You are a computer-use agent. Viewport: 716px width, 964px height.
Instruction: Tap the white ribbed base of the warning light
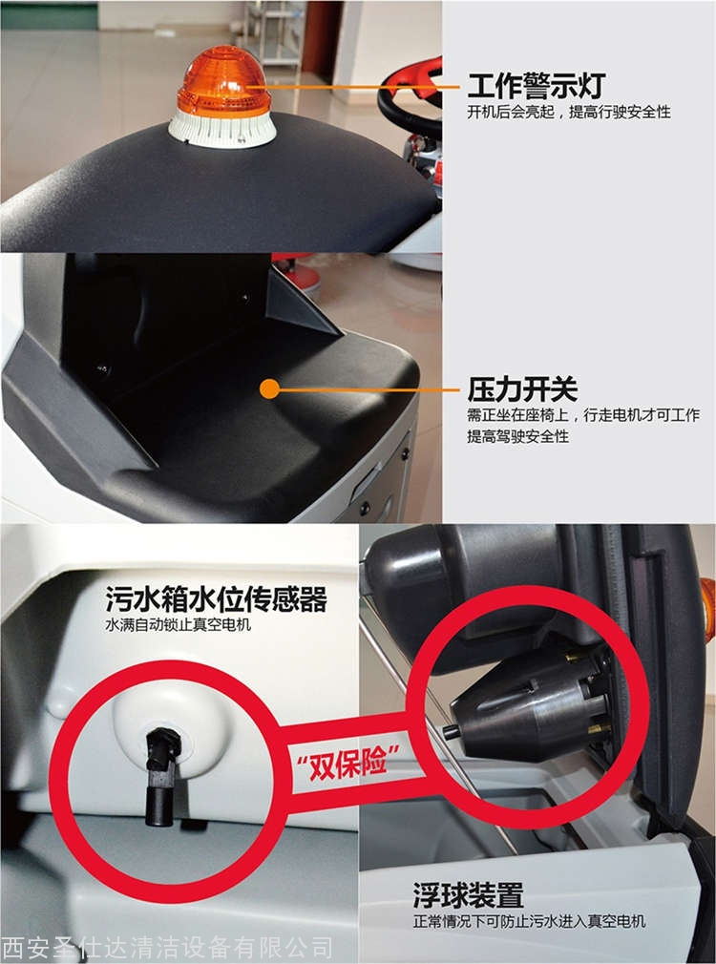click(x=222, y=129)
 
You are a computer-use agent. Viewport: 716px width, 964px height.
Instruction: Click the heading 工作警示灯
click(x=537, y=86)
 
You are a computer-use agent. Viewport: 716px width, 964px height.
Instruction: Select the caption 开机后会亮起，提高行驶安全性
click(x=568, y=112)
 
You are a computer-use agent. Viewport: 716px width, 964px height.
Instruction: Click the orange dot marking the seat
click(x=269, y=388)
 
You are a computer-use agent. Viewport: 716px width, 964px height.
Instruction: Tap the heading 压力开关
click(x=522, y=389)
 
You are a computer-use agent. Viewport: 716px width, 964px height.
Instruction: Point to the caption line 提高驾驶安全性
click(x=517, y=436)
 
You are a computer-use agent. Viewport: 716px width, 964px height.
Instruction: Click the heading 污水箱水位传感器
click(x=216, y=598)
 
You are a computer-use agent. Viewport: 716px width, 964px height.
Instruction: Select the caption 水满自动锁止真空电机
click(x=179, y=625)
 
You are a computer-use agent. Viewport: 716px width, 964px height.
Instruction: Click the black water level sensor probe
click(x=161, y=777)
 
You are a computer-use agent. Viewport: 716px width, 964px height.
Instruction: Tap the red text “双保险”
click(x=348, y=763)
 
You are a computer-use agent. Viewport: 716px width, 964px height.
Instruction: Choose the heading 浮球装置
click(x=468, y=895)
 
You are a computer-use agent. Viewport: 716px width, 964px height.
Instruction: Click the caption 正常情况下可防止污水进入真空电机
click(x=529, y=921)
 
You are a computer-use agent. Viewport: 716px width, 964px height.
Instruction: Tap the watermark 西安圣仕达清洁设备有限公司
click(x=167, y=949)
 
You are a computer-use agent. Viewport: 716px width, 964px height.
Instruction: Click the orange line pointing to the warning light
click(x=363, y=87)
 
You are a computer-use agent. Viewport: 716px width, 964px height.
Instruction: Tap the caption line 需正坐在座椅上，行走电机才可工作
click(x=582, y=415)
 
